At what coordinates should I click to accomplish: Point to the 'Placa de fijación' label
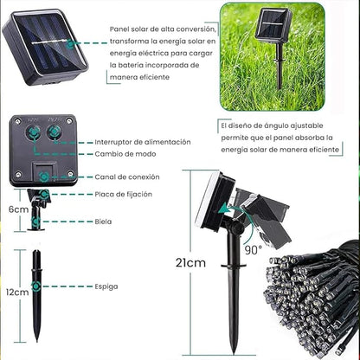pos(123,194)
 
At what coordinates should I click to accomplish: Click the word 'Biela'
pos(103,221)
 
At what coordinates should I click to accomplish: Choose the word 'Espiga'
pos(106,286)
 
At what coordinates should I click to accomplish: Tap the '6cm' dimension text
pos(16,209)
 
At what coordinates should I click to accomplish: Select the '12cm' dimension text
pos(16,292)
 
